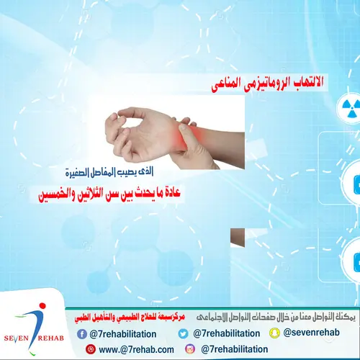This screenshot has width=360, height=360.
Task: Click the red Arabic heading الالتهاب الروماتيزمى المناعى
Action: [266, 85]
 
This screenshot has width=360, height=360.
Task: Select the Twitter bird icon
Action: [183, 333]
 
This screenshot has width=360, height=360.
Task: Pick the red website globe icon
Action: [91, 349]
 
